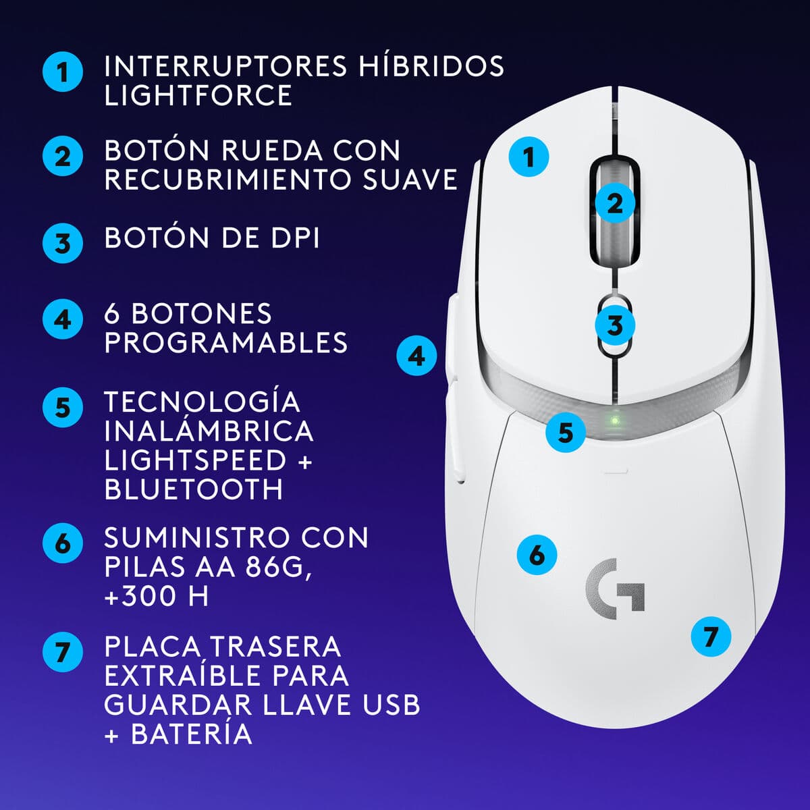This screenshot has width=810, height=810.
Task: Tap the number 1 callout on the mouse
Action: tap(529, 157)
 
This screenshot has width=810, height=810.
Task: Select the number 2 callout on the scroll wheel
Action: tap(615, 202)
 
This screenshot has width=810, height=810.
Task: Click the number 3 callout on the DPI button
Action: tap(615, 325)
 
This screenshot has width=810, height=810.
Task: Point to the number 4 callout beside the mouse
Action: tap(416, 355)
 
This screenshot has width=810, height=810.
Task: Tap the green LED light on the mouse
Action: tap(614, 419)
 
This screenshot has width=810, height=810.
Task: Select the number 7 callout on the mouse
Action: tap(711, 636)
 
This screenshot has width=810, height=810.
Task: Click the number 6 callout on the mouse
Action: tap(537, 555)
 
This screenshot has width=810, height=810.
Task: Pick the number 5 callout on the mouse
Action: tap(566, 432)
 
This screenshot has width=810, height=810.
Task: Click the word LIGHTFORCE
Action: tap(198, 95)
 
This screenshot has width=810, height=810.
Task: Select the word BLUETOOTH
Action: tap(194, 489)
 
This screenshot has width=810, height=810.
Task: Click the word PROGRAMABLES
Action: tap(226, 343)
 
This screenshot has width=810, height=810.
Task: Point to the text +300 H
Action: tap(156, 596)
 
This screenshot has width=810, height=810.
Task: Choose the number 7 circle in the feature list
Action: tap(63, 652)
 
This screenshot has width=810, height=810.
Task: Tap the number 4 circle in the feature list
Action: tap(63, 319)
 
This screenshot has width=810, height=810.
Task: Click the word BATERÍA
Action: tap(192, 734)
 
